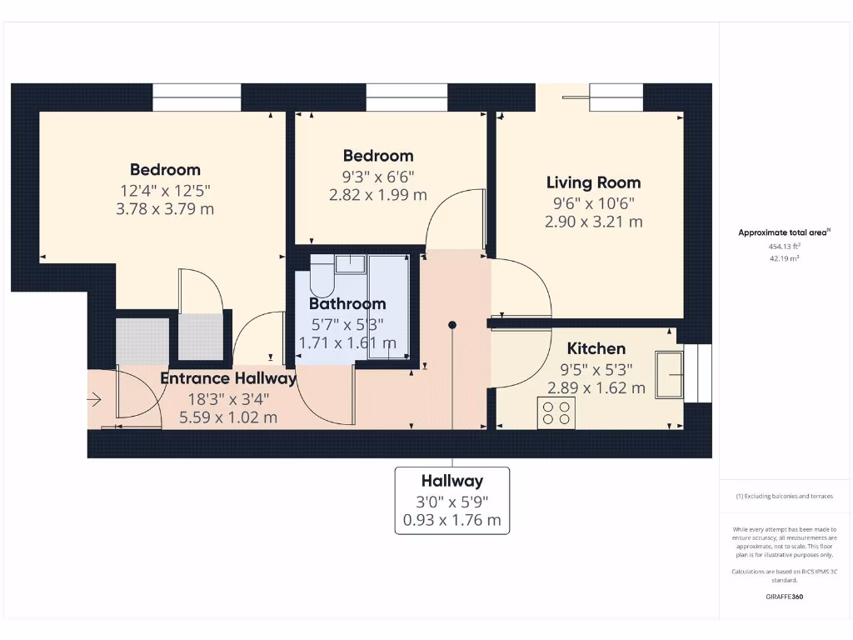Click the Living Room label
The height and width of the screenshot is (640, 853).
pyautogui.click(x=593, y=182)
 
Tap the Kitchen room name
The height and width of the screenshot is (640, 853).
pyautogui.click(x=596, y=348)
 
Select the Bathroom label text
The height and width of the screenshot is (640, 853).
pyautogui.click(x=347, y=303)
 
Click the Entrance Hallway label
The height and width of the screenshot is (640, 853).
pyautogui.click(x=227, y=378)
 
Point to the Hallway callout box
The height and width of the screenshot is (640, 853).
pyautogui.click(x=451, y=500)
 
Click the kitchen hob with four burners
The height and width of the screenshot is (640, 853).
pyautogui.click(x=556, y=412)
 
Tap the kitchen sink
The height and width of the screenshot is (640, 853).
pyautogui.click(x=670, y=374)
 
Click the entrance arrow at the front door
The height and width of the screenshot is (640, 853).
pyautogui.click(x=93, y=400)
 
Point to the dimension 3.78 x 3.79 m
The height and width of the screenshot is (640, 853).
pyautogui.click(x=164, y=208)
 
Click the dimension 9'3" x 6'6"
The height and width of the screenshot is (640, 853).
pyautogui.click(x=378, y=176)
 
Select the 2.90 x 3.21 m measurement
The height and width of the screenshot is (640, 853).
pyautogui.click(x=593, y=222)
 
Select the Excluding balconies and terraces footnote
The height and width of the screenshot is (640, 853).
pyautogui.click(x=783, y=496)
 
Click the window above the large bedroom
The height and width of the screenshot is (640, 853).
pyautogui.click(x=197, y=97)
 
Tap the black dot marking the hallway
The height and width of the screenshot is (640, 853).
pyautogui.click(x=452, y=325)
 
